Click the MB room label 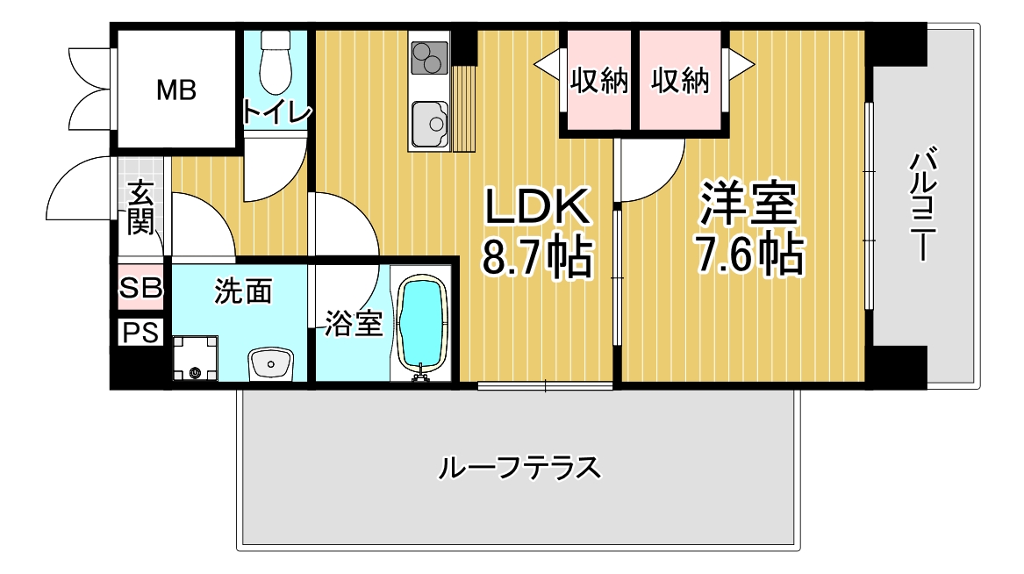pos(176,90)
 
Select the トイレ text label pos(277,111)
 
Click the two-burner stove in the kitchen pos(429,57)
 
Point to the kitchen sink pos(430,124)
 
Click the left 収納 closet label pos(598,81)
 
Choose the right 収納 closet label pos(680,81)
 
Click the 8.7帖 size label pos(538,256)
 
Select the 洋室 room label pos(749,203)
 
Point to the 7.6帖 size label pos(749,254)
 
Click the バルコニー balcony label pos(923,205)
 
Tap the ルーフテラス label pos(519,468)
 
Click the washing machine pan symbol pos(195,358)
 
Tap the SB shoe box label pos(140,287)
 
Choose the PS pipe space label pos(141,333)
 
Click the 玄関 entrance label pos(140,208)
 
